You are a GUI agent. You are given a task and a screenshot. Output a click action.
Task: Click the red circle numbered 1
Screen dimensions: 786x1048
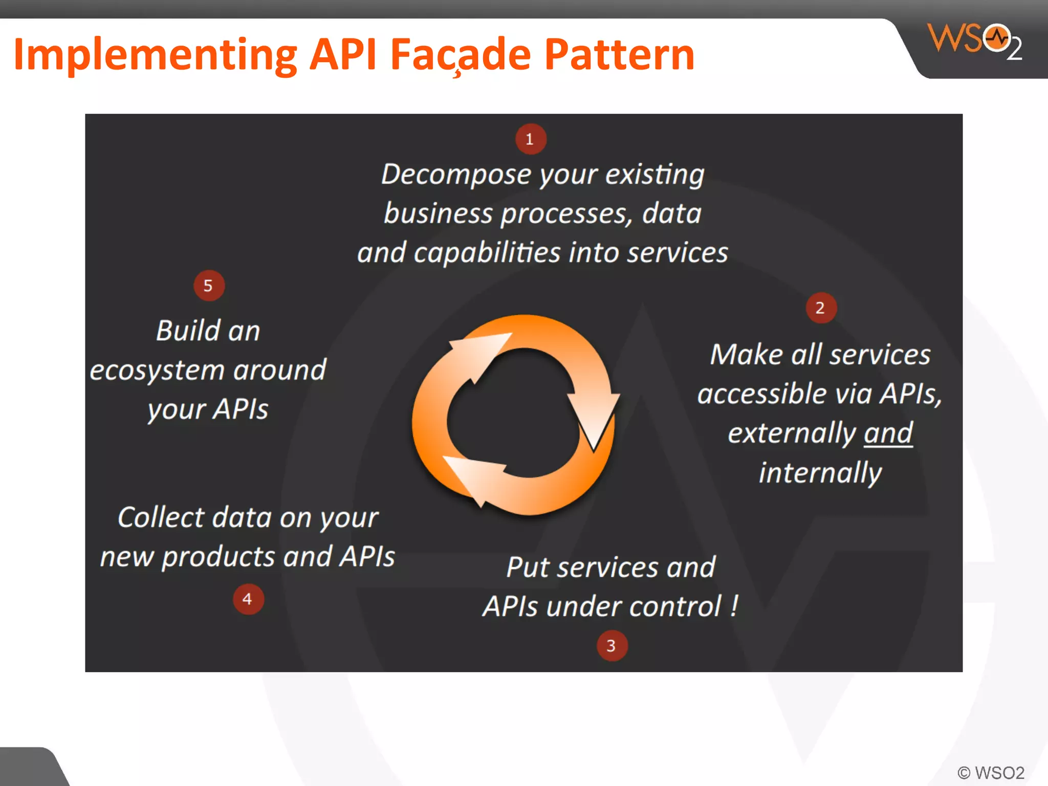(x=531, y=139)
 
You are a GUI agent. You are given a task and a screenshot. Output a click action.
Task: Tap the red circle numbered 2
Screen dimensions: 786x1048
(x=821, y=308)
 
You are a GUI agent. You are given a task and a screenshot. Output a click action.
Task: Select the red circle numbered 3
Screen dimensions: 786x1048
(x=612, y=646)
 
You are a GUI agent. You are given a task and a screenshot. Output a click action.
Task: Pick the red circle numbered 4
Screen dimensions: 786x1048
(x=248, y=599)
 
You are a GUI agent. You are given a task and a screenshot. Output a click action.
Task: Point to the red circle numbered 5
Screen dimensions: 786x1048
(x=209, y=286)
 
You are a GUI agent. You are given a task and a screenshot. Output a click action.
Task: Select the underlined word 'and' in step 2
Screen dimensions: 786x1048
(x=888, y=433)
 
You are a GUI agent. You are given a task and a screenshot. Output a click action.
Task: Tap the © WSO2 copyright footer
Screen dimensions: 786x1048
(x=991, y=772)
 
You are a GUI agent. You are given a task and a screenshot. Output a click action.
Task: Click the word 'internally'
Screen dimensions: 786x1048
(x=820, y=473)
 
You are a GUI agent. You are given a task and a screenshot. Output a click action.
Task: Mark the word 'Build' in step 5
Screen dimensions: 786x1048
(x=187, y=331)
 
